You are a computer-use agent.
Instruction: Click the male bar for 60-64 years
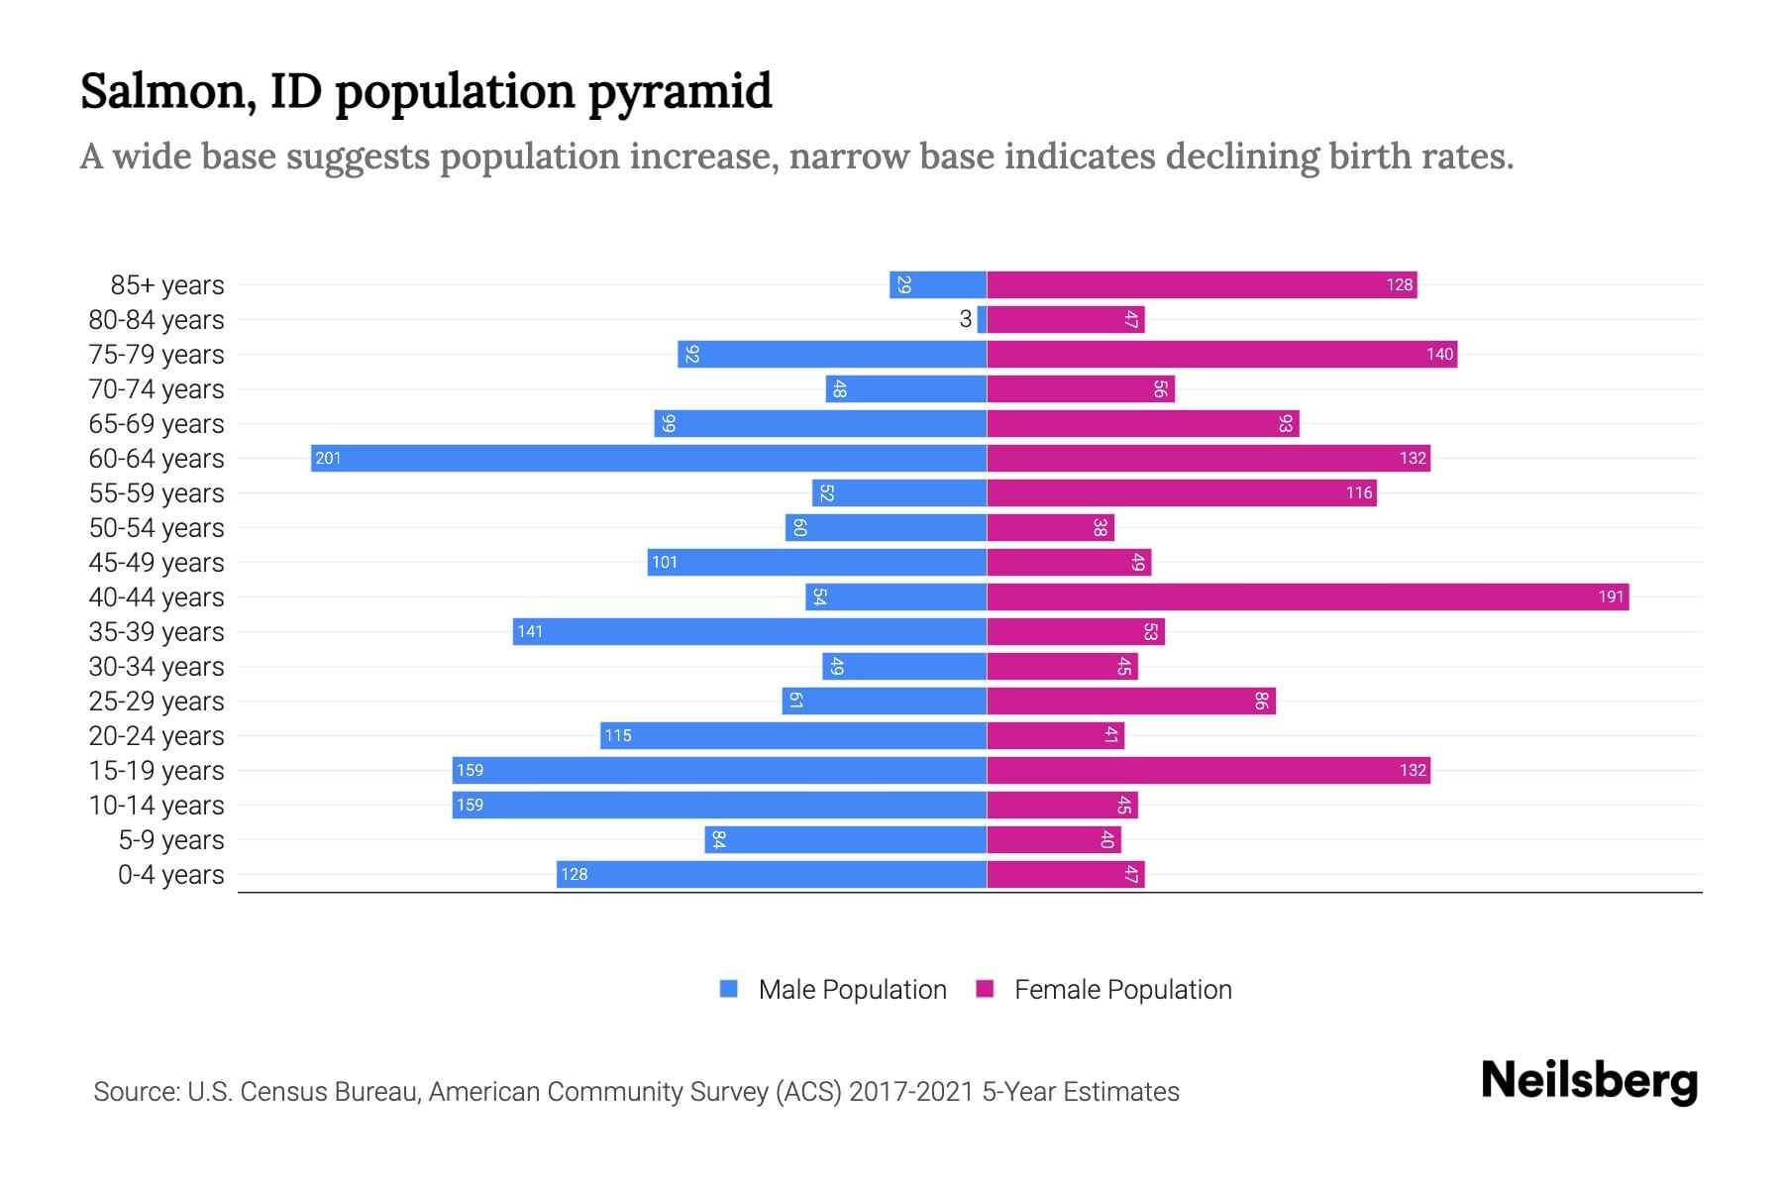[x=649, y=458]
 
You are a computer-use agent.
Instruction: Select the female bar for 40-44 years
[x=1308, y=596]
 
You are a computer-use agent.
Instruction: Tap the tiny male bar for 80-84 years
[x=982, y=319]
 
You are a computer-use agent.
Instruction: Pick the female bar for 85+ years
[x=1202, y=284]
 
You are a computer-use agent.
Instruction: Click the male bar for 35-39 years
[x=750, y=631]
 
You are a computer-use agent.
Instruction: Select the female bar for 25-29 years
[x=1131, y=701]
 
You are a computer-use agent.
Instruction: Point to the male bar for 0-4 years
[x=772, y=874]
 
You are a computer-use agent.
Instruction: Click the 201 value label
[x=328, y=458]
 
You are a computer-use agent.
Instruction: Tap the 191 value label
[x=1611, y=596]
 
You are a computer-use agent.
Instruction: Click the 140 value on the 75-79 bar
[x=1439, y=354]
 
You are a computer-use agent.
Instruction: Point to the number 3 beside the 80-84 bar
[x=965, y=319]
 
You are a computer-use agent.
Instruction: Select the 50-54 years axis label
[x=157, y=528]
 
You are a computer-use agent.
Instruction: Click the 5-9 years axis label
[x=170, y=840]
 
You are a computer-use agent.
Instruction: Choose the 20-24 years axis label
[x=157, y=736]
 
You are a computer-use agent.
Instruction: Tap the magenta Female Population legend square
[x=985, y=989]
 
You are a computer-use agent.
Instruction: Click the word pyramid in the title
[x=680, y=91]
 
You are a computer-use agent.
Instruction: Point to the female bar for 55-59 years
[x=1182, y=492]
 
